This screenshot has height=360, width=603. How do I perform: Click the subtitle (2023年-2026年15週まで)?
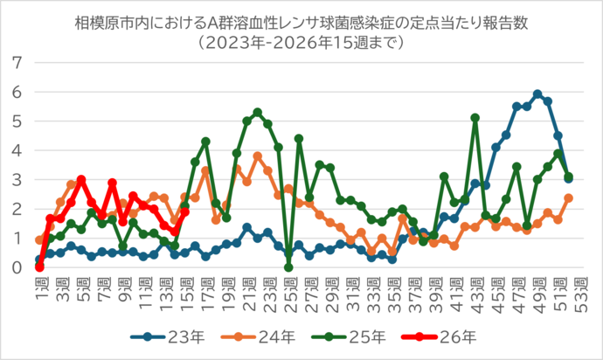pos(301,40)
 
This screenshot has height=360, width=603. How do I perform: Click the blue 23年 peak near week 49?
pos(537,94)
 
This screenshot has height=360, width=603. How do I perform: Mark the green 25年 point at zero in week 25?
pos(288,267)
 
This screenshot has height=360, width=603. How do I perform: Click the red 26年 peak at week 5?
pos(81,179)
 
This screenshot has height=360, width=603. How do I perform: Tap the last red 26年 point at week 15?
pos(184,211)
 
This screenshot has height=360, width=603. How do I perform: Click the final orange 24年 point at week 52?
pos(569,197)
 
